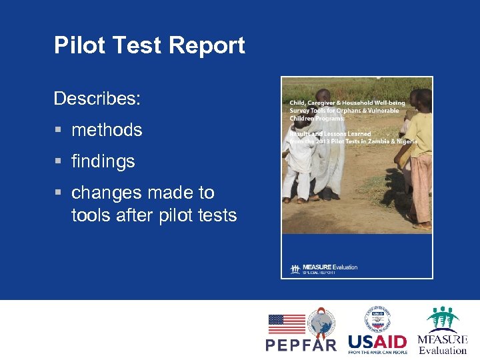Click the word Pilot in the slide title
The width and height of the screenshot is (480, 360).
point(75,45)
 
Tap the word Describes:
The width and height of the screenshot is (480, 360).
point(97,99)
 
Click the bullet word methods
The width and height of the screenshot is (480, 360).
point(107,129)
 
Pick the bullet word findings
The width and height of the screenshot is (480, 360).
point(103,161)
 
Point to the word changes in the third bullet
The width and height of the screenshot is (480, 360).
point(104,193)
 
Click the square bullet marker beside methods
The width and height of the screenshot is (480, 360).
point(58,130)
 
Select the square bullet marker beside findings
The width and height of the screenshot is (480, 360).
point(58,161)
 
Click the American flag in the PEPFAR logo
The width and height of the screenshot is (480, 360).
point(286,324)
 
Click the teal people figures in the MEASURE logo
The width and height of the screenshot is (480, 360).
point(443,319)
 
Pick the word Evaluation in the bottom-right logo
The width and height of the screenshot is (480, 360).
point(443,350)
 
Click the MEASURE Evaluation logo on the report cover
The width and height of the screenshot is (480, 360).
point(325,268)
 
